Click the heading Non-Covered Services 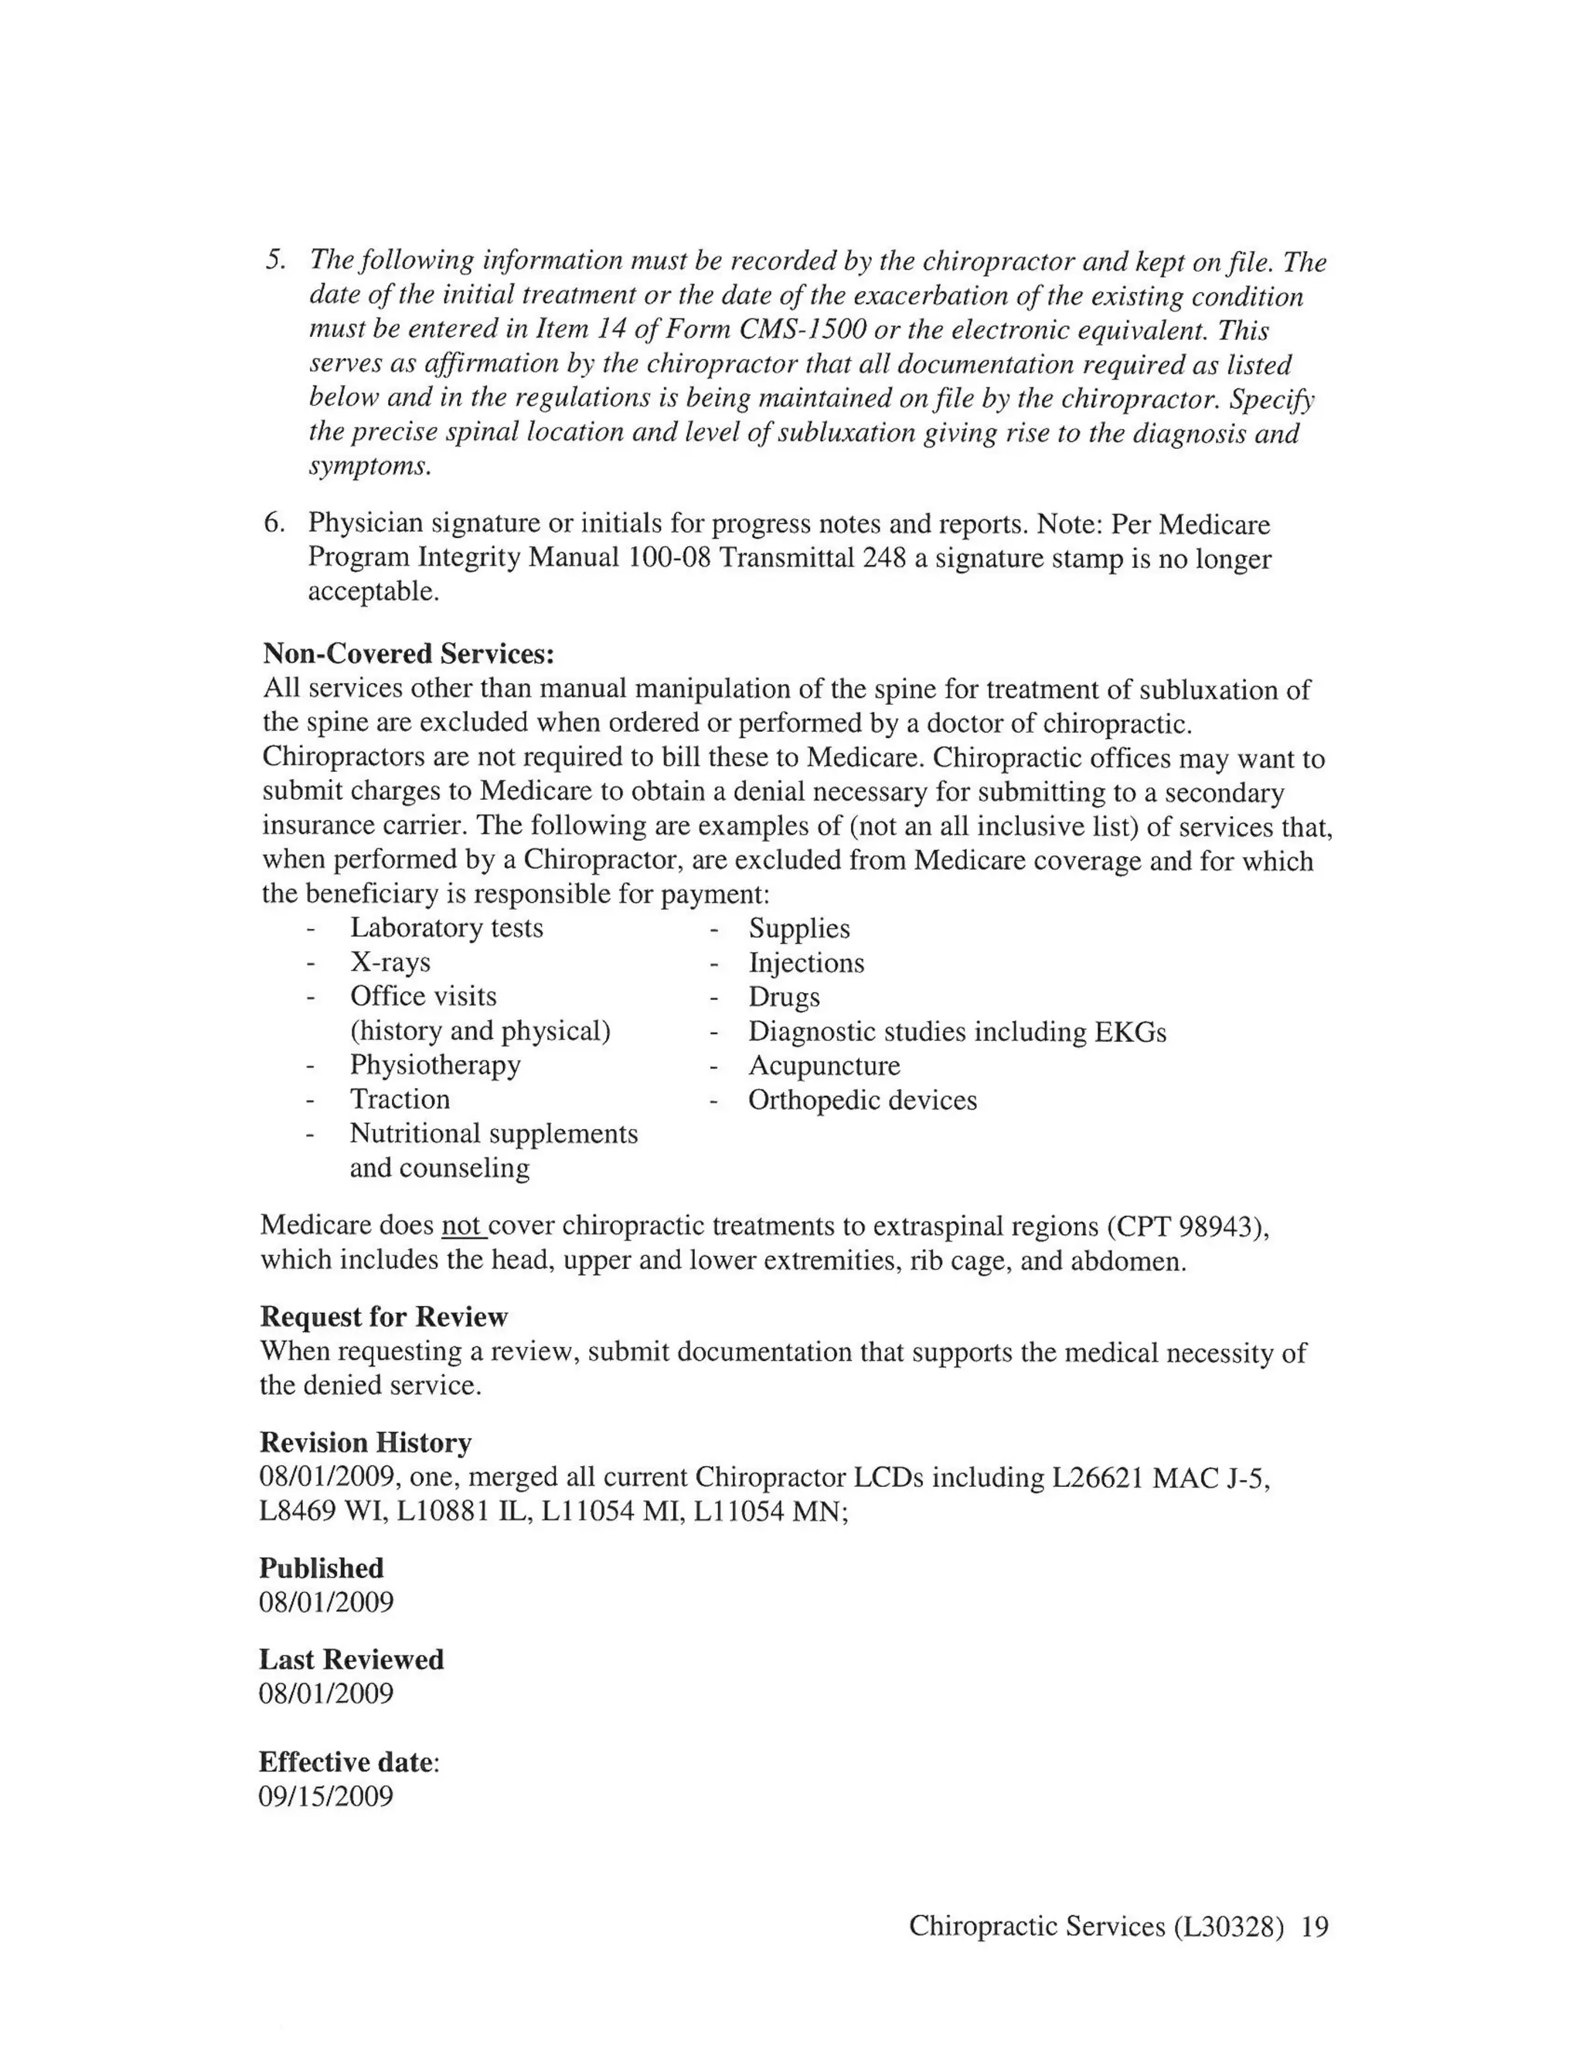coord(408,653)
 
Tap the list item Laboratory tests coord(447,927)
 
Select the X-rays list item coord(390,962)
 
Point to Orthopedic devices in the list coord(862,1100)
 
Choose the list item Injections coord(805,963)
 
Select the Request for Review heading coord(383,1317)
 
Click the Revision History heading coord(365,1442)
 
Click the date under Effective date coord(325,1797)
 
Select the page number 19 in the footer coord(1316,1926)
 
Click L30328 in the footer coord(1227,1926)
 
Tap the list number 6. coord(273,523)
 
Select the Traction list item coord(400,1099)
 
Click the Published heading coord(321,1568)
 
